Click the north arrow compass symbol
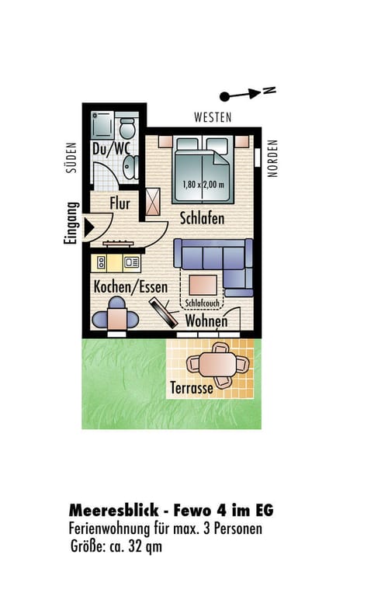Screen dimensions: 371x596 pyautogui.click(x=247, y=93)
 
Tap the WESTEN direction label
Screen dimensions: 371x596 pyautogui.click(x=213, y=117)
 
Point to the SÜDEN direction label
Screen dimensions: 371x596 pyautogui.click(x=71, y=158)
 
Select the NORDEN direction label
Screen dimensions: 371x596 pyautogui.click(x=272, y=158)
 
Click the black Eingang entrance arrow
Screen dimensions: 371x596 pyautogui.click(x=89, y=228)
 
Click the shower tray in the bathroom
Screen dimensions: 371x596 pyautogui.click(x=102, y=125)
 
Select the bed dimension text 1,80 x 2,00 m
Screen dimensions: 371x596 pyautogui.click(x=203, y=185)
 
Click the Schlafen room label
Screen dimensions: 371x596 pyautogui.click(x=202, y=218)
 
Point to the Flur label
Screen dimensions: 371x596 pyautogui.click(x=120, y=203)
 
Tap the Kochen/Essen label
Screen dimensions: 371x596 pyautogui.click(x=130, y=286)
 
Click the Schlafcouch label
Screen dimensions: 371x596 pyautogui.click(x=203, y=303)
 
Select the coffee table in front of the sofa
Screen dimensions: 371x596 pyautogui.click(x=203, y=285)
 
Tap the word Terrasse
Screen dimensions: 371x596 pyautogui.click(x=192, y=388)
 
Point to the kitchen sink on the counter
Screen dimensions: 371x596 pyautogui.click(x=132, y=262)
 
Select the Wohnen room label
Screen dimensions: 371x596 pyautogui.click(x=206, y=321)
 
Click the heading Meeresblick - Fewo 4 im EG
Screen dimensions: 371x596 pyautogui.click(x=171, y=510)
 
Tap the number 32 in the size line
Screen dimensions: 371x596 pyautogui.click(x=136, y=546)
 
